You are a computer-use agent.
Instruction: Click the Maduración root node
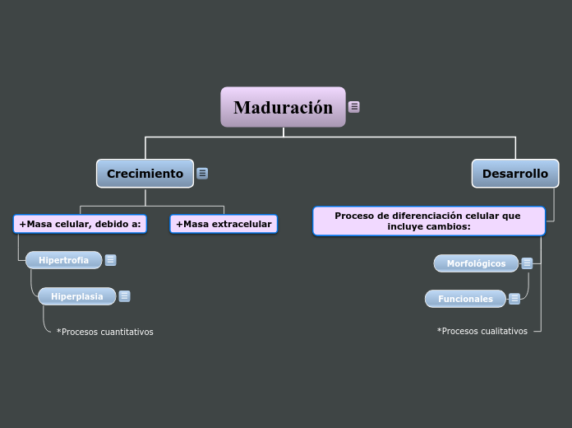coord(283,107)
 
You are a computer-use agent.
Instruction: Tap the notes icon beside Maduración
coord(354,107)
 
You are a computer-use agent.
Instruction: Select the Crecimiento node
coord(145,174)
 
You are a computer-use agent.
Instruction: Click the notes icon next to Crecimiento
coord(202,174)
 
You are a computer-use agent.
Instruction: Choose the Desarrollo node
coord(514,174)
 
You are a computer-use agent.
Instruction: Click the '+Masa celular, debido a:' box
coord(80,224)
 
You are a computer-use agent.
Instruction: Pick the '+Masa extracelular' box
coord(224,224)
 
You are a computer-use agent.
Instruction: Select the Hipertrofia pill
coord(63,260)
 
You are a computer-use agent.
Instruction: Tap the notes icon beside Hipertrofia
coord(111,260)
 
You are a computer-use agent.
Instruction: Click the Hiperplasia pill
coord(76,296)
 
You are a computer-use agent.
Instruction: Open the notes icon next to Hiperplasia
coord(124,296)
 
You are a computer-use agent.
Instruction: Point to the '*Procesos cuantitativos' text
coord(104,332)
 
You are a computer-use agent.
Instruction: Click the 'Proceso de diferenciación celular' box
coord(428,221)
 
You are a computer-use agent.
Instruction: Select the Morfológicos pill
coord(476,263)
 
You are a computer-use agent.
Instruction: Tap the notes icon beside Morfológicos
coord(527,263)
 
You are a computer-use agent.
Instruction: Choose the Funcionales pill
coord(465,299)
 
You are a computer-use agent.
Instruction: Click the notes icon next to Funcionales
coord(514,299)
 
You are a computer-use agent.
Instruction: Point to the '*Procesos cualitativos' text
coord(482,331)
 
